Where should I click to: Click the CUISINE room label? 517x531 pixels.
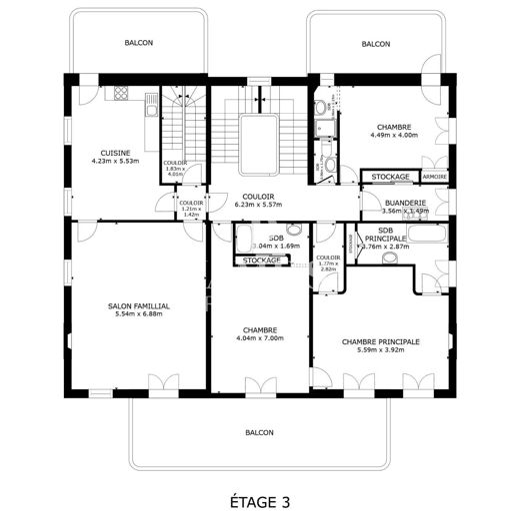coord(113,152)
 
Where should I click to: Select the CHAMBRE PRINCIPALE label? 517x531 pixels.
coord(380,341)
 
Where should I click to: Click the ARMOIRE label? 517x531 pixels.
coord(434,177)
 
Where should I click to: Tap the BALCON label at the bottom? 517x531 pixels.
coord(259,432)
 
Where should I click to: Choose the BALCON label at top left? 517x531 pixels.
coord(139,44)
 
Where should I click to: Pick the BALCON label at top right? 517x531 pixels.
coord(376,44)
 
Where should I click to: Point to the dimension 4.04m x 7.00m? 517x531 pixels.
coord(259,338)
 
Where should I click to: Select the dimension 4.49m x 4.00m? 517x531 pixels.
coord(396,135)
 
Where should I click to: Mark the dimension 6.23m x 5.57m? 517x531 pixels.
coord(259,205)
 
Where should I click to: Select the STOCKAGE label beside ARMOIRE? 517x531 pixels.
coord(390,177)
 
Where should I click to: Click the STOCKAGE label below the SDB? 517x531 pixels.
coord(261,261)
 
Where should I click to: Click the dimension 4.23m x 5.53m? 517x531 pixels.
coord(113,160)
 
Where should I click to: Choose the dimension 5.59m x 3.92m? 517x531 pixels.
coord(380,350)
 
